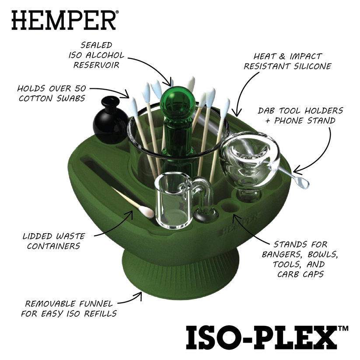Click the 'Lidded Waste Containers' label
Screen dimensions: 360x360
pos(54,241)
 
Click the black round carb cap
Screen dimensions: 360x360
pos(110,122)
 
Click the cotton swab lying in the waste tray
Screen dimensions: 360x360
pos(132,203)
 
